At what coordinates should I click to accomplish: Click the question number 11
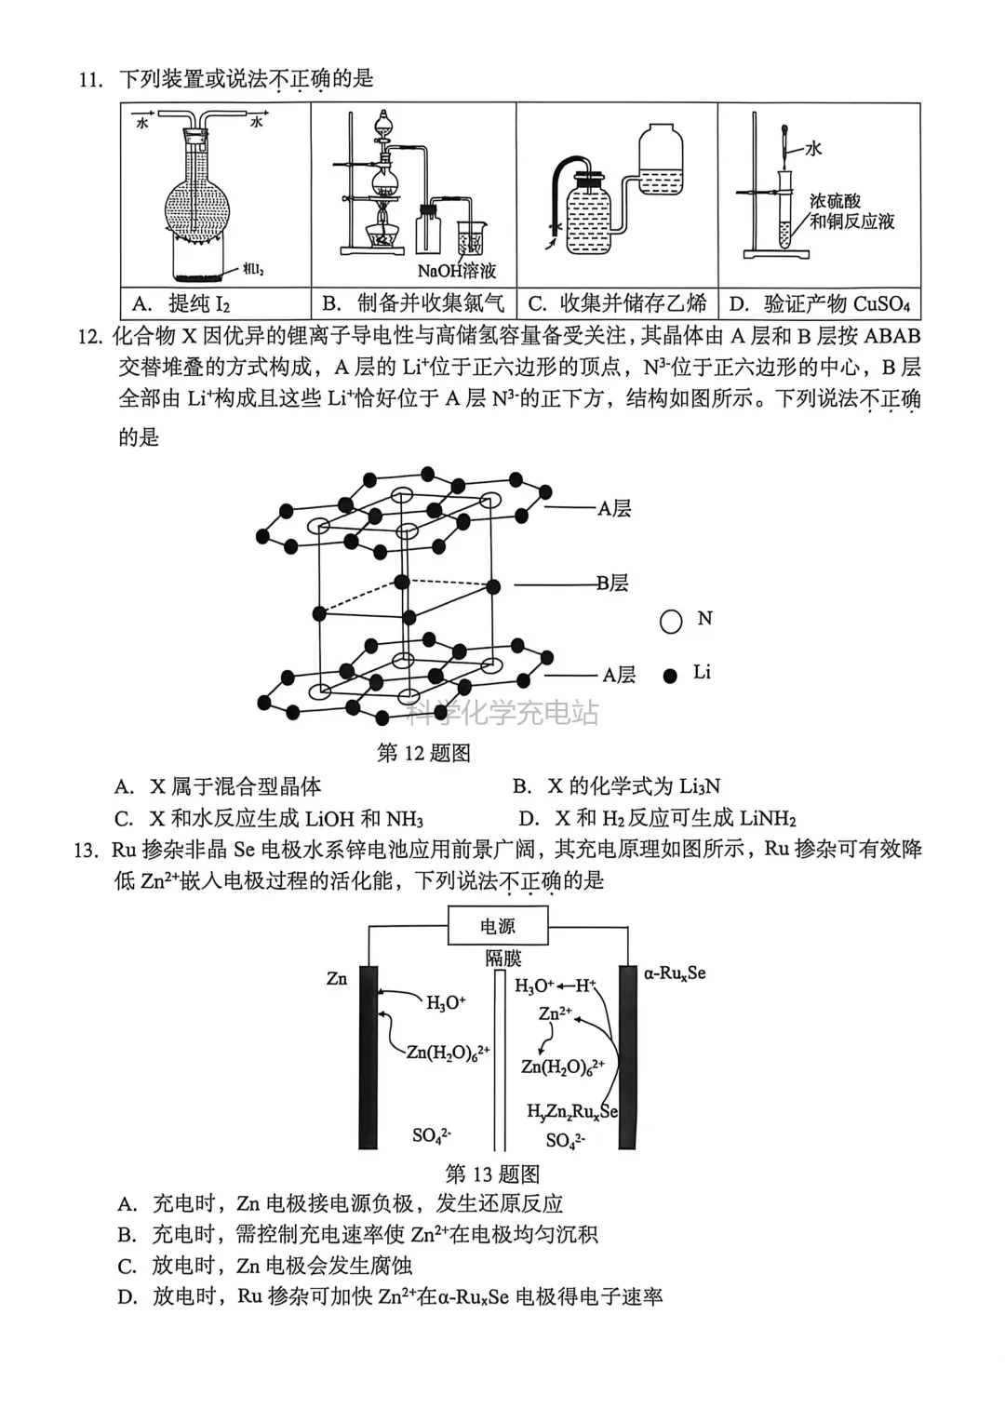point(90,80)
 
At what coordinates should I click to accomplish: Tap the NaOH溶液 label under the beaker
point(456,272)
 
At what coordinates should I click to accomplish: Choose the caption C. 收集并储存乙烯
point(618,303)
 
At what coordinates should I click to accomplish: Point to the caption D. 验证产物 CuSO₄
point(819,303)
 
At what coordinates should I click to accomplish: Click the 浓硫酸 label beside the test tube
point(835,201)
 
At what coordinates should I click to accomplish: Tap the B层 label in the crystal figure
point(612,584)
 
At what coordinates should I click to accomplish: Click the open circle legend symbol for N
point(671,622)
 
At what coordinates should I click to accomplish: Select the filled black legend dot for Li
point(670,676)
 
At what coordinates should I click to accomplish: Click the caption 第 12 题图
point(423,753)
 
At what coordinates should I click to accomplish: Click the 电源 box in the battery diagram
point(498,927)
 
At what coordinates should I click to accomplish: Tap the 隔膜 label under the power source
point(502,959)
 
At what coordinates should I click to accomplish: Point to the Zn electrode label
point(337,978)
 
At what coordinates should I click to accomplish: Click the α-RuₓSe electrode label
point(675,973)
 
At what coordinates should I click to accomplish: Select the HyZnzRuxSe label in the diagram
point(571,1111)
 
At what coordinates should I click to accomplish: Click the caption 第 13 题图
point(492,1174)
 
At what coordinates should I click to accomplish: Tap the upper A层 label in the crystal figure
point(614,509)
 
